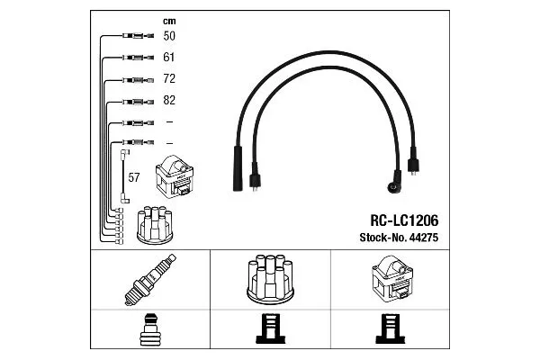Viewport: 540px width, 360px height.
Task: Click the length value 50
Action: [168, 37]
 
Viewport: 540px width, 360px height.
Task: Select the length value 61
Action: [168, 58]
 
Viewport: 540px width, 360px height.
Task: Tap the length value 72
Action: [168, 79]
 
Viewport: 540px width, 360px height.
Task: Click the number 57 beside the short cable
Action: [133, 177]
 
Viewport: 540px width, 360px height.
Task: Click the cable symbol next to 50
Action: [131, 37]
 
